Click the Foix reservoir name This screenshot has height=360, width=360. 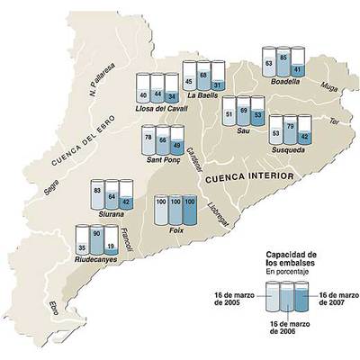pos(176,229)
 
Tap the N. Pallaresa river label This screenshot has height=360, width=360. pos(104,79)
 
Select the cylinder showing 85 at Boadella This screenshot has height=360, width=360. pos(283,65)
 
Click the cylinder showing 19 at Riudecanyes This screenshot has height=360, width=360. pos(112,242)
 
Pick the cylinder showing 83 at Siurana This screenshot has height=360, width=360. pos(97,196)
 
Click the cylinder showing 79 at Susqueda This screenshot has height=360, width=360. pos(291,131)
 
